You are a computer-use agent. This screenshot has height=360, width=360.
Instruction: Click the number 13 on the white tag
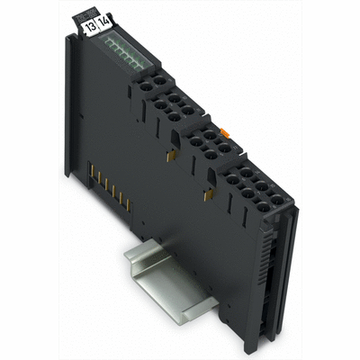tap(90, 27)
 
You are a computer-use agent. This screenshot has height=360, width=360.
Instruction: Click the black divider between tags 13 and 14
tap(98, 27)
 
